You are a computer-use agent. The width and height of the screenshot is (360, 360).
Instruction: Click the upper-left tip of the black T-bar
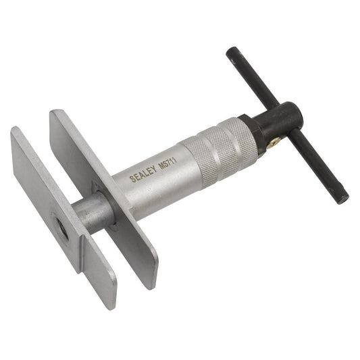click(x=230, y=52)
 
